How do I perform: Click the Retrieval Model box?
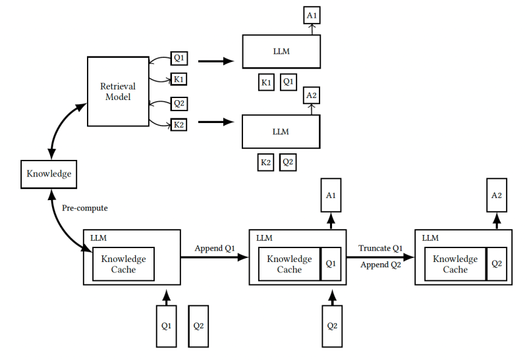pos(118,91)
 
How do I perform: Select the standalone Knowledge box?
pos(49,174)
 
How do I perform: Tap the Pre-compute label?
pos(85,208)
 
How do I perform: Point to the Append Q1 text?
pos(215,248)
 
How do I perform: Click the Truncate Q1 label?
pos(380,248)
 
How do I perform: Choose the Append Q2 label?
pos(381,265)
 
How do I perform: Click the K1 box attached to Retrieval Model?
pos(179,79)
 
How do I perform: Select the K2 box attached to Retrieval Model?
pos(179,124)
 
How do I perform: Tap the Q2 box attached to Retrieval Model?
pos(179,103)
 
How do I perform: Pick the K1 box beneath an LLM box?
pos(266,82)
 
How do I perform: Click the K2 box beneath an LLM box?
pos(265,163)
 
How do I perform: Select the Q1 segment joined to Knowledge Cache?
pos(331,264)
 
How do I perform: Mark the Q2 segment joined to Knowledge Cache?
pos(497,264)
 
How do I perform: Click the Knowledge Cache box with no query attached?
pos(123,264)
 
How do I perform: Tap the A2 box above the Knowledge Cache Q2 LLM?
pos(497,195)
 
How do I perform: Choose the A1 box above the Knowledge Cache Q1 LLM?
pos(331,195)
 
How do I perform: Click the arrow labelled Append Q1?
pos(215,257)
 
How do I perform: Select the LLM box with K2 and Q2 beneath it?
pos(281,132)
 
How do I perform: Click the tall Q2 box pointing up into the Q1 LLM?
pos(332,326)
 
